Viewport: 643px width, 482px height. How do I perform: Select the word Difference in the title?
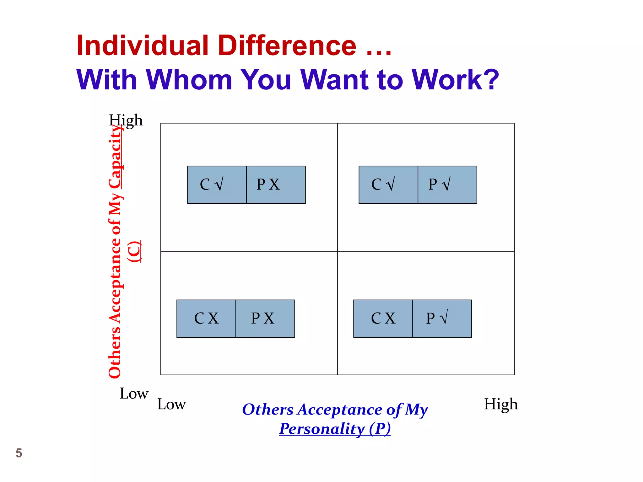click(x=287, y=46)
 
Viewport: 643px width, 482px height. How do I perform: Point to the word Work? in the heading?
click(x=455, y=80)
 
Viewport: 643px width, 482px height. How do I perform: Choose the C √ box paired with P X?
click(x=217, y=185)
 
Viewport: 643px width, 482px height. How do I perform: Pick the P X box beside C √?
click(x=276, y=185)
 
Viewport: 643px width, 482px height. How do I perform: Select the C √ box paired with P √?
click(x=388, y=185)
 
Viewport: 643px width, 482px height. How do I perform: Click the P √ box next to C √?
click(x=447, y=185)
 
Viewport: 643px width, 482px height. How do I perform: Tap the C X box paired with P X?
click(x=206, y=319)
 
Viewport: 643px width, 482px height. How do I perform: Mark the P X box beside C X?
click(x=265, y=319)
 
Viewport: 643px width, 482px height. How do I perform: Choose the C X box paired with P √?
click(x=383, y=319)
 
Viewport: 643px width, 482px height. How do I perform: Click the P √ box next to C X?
click(x=442, y=319)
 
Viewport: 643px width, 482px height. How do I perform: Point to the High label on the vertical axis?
click(x=126, y=120)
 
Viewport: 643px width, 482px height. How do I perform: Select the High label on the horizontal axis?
click(x=501, y=404)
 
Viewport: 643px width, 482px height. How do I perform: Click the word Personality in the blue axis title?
click(x=322, y=429)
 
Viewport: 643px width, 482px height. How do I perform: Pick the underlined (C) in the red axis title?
click(x=134, y=252)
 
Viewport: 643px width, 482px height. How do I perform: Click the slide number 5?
click(x=19, y=453)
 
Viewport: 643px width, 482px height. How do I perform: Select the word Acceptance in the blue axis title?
click(x=340, y=410)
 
